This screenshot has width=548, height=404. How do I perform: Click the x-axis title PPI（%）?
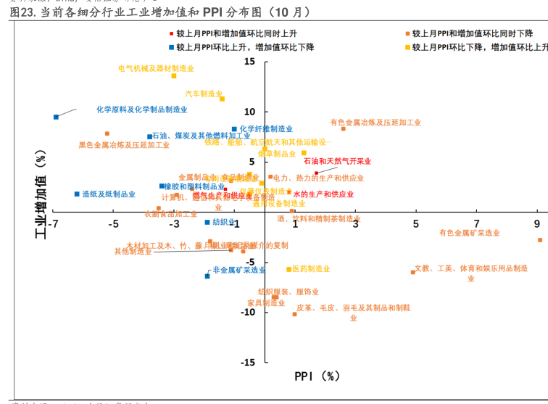pyautogui.click(x=317, y=376)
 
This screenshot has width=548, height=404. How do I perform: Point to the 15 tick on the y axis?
pyautogui.click(x=249, y=62)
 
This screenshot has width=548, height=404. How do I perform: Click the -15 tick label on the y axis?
pyautogui.click(x=247, y=362)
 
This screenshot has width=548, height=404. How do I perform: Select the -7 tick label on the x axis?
pyautogui.click(x=52, y=223)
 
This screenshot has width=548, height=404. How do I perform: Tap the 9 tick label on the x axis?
pyautogui.click(x=537, y=223)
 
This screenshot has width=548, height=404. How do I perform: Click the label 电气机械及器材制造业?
pyautogui.click(x=156, y=68)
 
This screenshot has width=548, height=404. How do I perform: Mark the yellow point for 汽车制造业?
pyautogui.click(x=222, y=99)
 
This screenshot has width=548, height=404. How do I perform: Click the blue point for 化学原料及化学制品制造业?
pyautogui.click(x=56, y=117)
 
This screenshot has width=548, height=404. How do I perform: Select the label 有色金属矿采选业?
pyautogui.click(x=470, y=233)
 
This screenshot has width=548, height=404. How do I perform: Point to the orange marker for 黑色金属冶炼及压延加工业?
pyautogui.click(x=107, y=133)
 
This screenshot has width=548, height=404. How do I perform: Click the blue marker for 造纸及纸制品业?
pyautogui.click(x=77, y=194)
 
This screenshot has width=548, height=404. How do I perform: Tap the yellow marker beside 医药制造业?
pyautogui.click(x=288, y=269)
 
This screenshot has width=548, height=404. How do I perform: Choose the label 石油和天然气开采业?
pyautogui.click(x=337, y=161)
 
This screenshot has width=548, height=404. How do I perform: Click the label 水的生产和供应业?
pyautogui.click(x=323, y=194)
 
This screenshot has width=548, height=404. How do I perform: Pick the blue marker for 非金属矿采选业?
pyautogui.click(x=207, y=276)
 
